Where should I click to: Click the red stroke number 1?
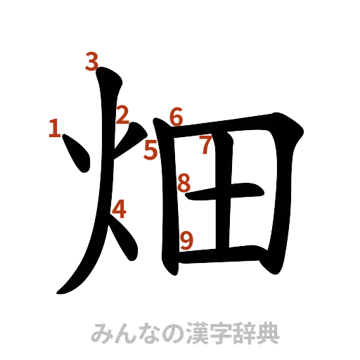click(53, 129)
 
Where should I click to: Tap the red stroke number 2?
click(123, 116)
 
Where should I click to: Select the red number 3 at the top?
click(91, 63)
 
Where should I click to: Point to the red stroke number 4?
click(120, 209)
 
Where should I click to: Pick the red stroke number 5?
click(150, 150)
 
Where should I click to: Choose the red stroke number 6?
click(176, 117)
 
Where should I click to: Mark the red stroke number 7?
click(205, 146)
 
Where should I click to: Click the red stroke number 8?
click(184, 184)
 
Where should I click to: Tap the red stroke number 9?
click(186, 241)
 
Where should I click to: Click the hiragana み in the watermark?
click(103, 333)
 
